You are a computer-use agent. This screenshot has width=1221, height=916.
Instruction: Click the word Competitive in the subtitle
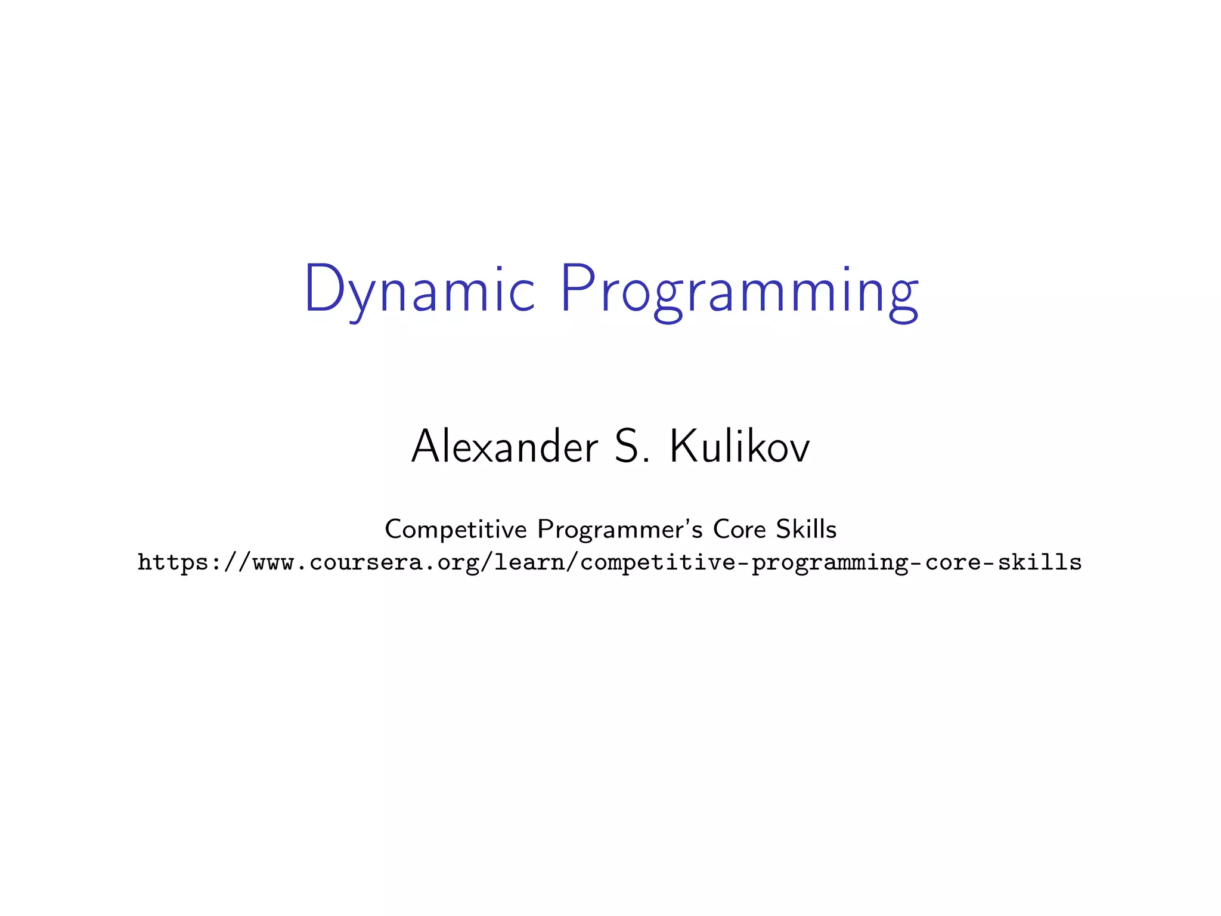[x=456, y=529]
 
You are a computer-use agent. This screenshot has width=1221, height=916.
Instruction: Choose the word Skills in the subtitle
[x=807, y=529]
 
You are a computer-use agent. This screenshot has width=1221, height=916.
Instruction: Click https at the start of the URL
[x=173, y=562]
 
